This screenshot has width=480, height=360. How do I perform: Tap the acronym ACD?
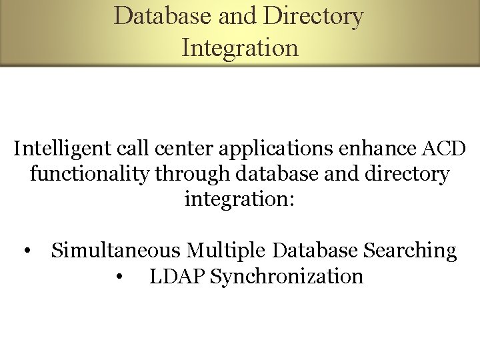point(445,149)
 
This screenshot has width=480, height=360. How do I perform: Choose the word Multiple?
point(227,251)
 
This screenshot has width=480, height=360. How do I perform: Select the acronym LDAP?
point(177,276)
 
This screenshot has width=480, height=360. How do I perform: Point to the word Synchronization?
point(287,276)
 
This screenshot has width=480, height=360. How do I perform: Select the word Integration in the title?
point(239,47)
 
